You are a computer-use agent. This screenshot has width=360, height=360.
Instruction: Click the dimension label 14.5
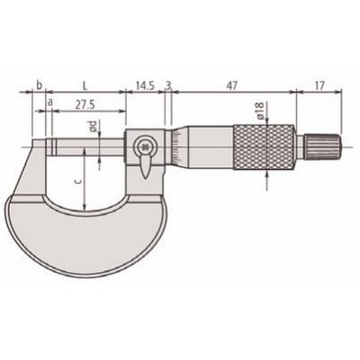[x=145, y=86]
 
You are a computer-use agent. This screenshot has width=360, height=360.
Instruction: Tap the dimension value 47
[x=231, y=86]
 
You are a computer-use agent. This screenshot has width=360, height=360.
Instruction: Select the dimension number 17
[x=319, y=86]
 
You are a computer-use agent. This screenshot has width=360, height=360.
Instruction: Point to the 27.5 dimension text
[x=85, y=104]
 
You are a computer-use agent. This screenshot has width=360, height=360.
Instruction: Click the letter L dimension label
[x=85, y=86]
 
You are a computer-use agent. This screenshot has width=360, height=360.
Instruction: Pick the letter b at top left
[x=39, y=85]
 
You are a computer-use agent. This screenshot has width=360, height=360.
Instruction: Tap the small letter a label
[x=50, y=103]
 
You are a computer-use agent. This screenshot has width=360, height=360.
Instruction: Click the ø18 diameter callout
[x=259, y=110]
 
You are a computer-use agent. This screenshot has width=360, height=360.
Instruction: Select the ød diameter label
[x=94, y=126]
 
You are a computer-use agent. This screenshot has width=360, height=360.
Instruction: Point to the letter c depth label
[x=79, y=182]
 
